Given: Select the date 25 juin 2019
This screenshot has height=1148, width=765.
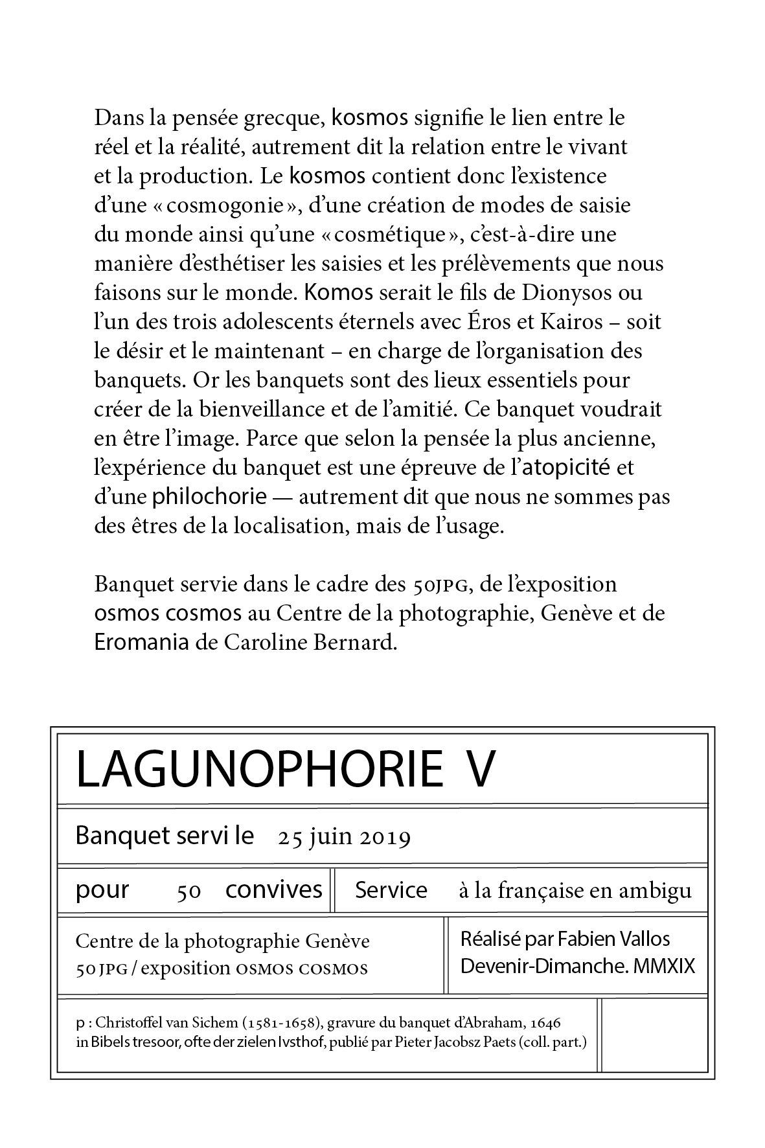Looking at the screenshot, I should pyautogui.click(x=344, y=838).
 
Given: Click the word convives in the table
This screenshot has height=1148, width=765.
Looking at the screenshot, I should pyautogui.click(x=273, y=890).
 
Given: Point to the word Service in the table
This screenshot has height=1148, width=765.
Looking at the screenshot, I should pyautogui.click(x=391, y=890).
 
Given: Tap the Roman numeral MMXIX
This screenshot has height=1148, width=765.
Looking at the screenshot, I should pyautogui.click(x=665, y=966).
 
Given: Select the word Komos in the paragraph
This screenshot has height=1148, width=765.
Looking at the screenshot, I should pyautogui.click(x=339, y=293).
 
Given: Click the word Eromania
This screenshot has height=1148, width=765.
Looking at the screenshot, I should pyautogui.click(x=143, y=642).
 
